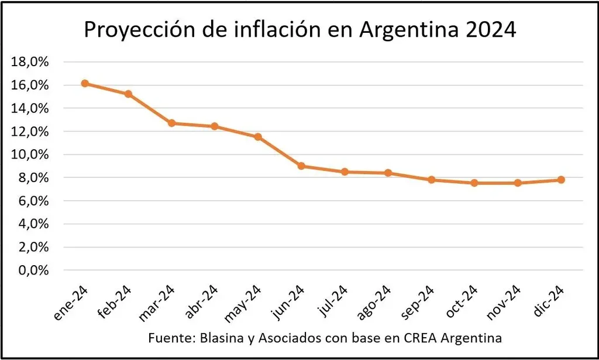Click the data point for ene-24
pos(85,84)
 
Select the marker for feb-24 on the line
pos(128,94)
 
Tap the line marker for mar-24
pos(171,123)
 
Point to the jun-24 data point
pos(301,166)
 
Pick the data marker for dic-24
pos(561,180)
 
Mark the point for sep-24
pos(431,180)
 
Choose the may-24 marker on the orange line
pos(258,137)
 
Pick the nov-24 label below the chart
pos(503,303)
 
